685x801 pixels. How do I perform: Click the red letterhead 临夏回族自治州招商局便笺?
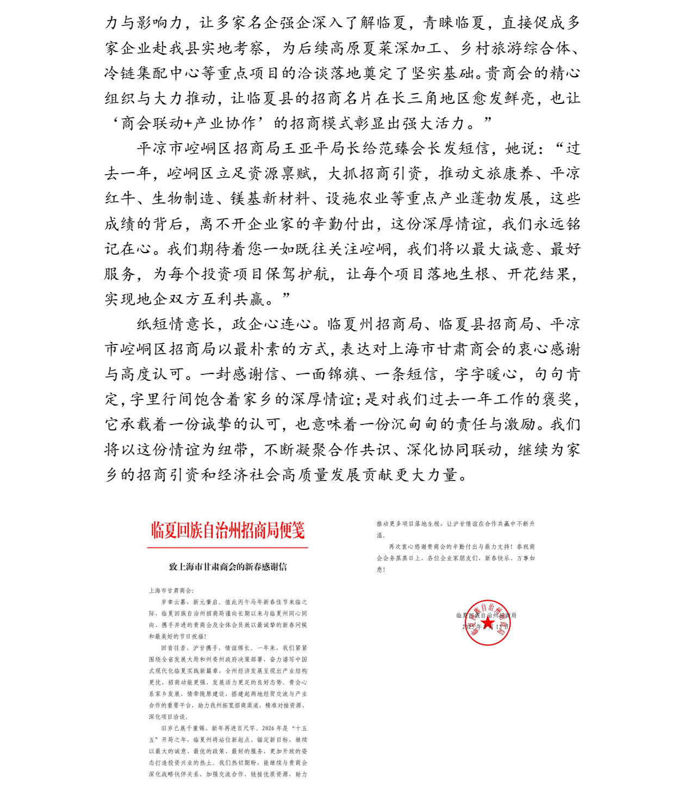click(x=228, y=530)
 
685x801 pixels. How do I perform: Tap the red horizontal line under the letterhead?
click(x=228, y=547)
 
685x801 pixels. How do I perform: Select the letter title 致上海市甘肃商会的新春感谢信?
click(x=228, y=566)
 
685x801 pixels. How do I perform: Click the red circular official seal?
click(x=488, y=623)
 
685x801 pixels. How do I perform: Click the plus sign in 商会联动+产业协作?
click(x=189, y=124)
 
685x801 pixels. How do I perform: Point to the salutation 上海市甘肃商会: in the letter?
click(x=171, y=590)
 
